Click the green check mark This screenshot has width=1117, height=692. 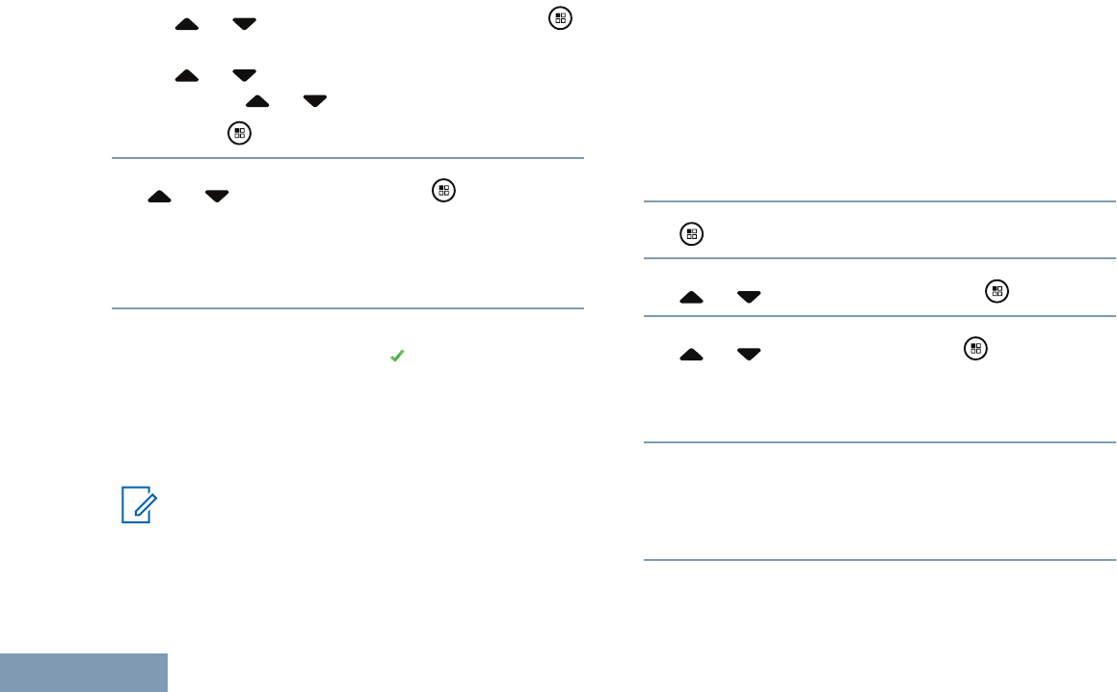(395, 357)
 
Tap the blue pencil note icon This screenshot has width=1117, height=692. (137, 505)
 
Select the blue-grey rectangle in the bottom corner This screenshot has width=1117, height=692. (84, 673)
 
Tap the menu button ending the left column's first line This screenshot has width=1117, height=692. (558, 18)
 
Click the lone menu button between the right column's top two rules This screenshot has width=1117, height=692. (690, 233)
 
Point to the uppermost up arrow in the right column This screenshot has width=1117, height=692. (691, 297)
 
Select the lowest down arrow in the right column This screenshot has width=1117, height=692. (749, 355)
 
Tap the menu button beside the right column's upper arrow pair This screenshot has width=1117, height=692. (997, 290)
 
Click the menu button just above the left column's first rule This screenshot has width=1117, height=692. (238, 134)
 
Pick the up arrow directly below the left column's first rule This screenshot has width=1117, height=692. (159, 196)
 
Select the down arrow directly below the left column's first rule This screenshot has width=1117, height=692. (217, 196)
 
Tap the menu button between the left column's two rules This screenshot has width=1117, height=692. (443, 190)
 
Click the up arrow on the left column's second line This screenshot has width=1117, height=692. (187, 74)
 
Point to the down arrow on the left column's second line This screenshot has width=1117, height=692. (245, 74)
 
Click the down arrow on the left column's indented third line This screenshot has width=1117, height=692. (315, 100)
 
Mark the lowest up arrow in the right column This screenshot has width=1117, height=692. (691, 355)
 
